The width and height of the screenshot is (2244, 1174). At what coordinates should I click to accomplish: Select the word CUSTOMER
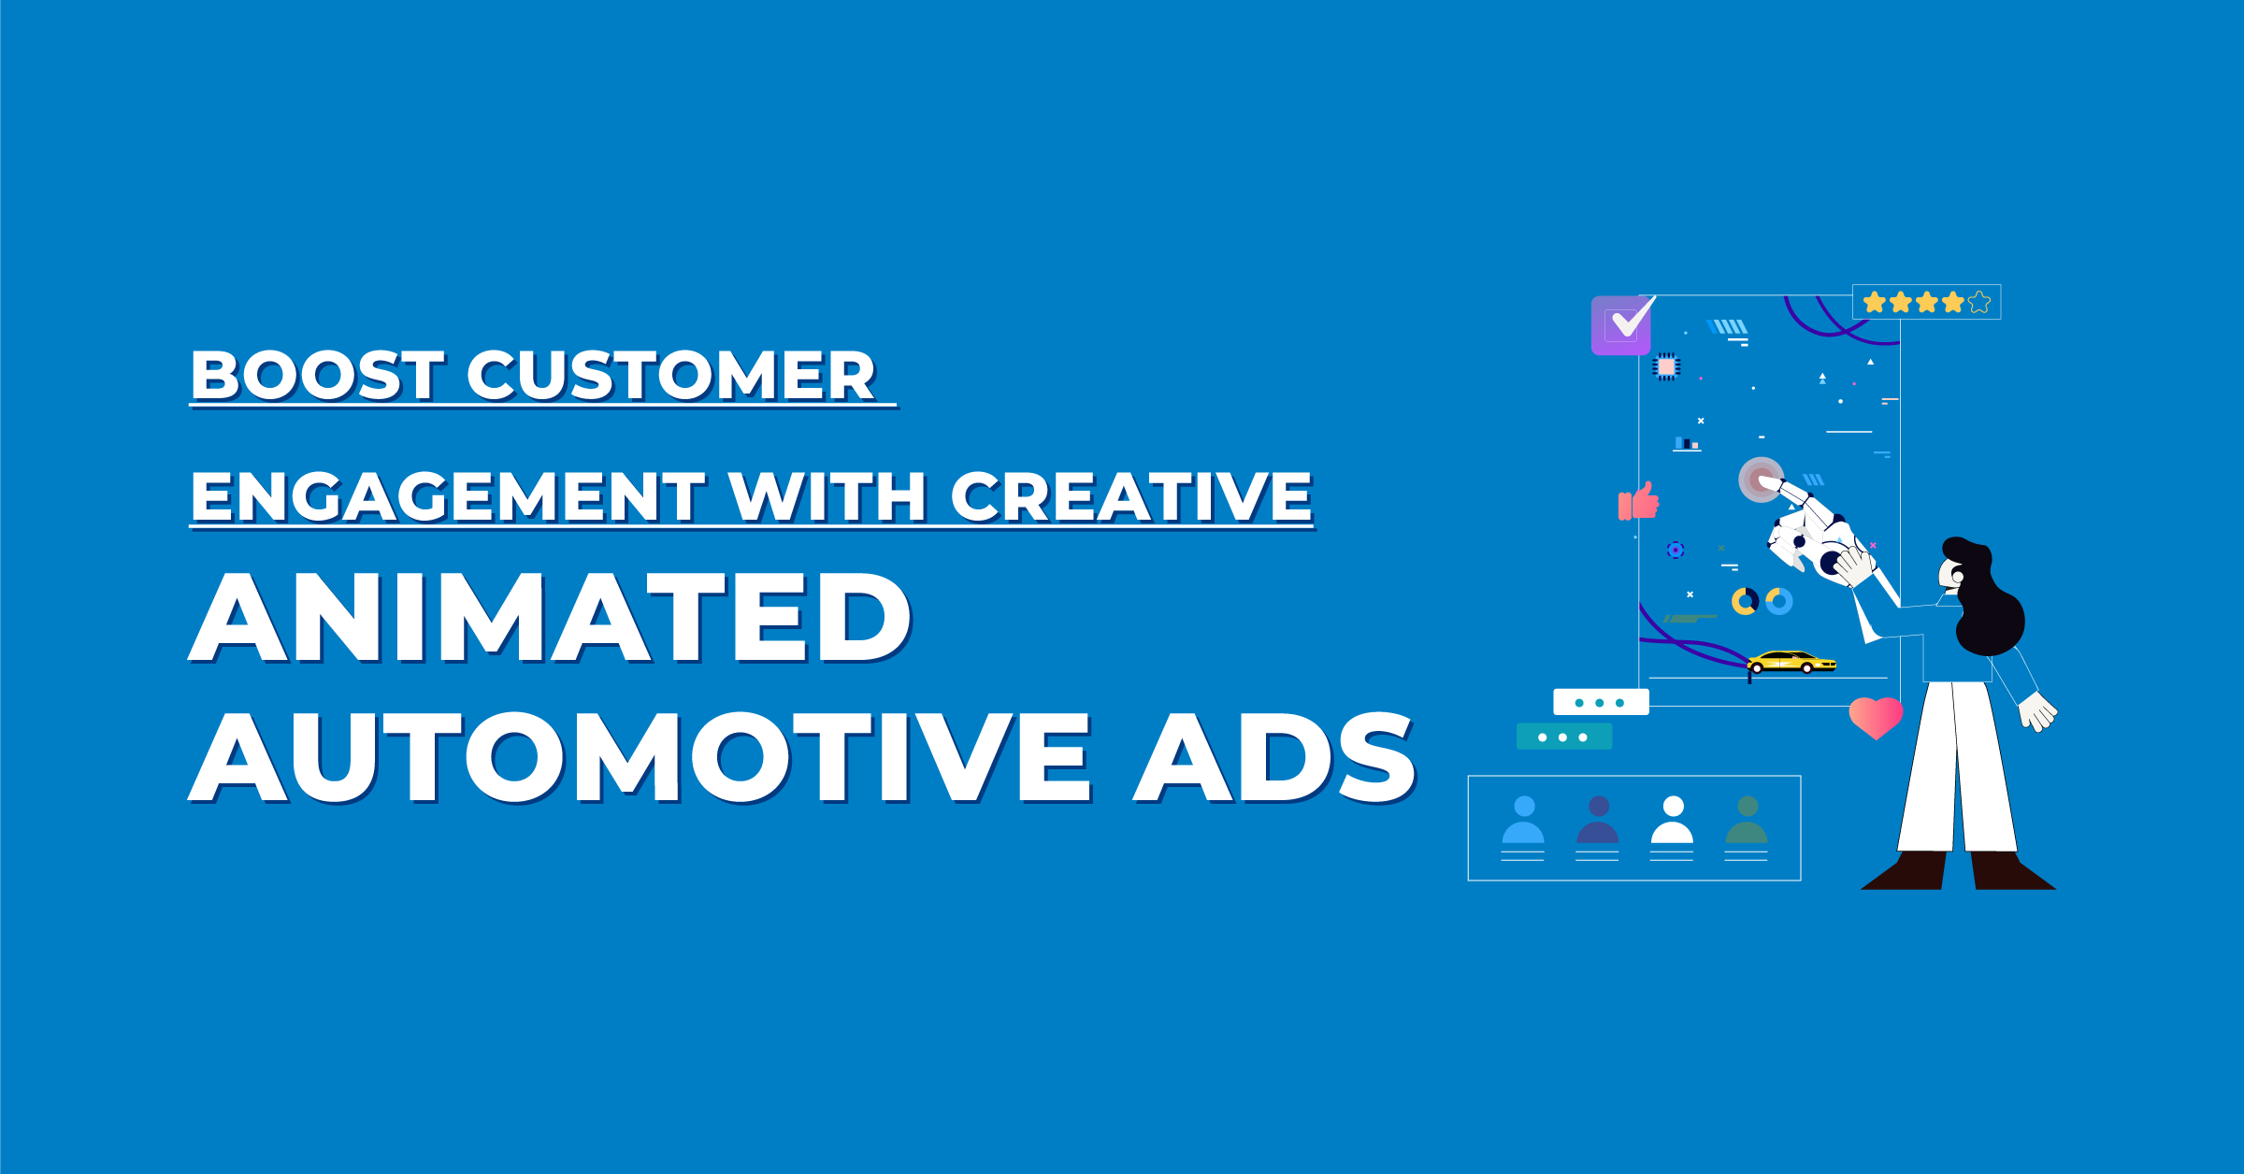tap(670, 376)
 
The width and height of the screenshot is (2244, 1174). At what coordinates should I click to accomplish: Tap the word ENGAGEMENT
tap(447, 496)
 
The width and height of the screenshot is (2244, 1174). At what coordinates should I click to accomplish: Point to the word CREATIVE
tap(1130, 496)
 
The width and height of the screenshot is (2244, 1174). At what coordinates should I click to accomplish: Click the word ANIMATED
tap(550, 618)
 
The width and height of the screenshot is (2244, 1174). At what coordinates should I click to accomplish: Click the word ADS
tap(1273, 758)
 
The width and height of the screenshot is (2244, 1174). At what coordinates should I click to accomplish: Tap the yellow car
tap(1791, 662)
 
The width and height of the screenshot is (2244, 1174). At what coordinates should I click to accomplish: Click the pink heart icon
tap(1876, 717)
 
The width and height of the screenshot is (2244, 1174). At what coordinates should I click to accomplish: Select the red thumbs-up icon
tap(1639, 502)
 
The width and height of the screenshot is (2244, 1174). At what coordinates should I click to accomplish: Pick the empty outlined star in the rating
tap(1979, 302)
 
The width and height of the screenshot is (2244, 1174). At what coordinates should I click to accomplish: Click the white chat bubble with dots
tap(1601, 702)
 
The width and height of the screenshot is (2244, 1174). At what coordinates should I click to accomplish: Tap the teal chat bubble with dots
tap(1563, 737)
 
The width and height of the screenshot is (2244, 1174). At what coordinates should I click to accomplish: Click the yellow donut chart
tap(1745, 601)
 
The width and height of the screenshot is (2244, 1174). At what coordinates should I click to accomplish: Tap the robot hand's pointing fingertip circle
tap(1761, 480)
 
